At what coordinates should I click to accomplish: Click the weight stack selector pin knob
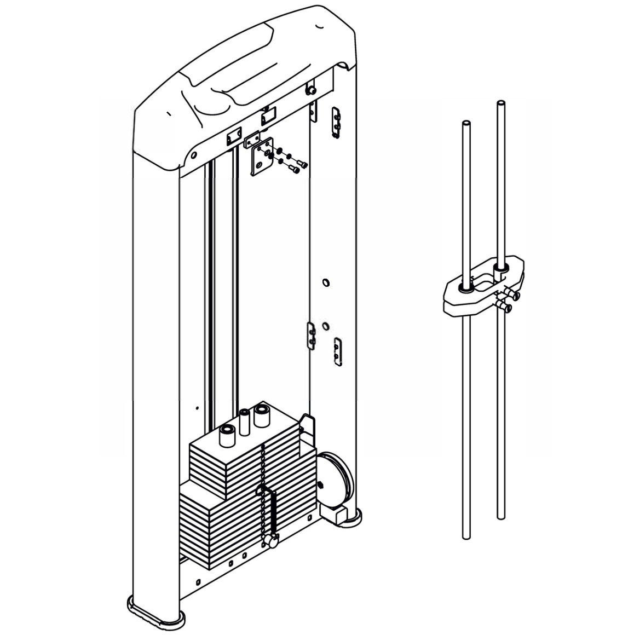pos(270,541)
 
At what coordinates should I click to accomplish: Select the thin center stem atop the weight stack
pos(244,422)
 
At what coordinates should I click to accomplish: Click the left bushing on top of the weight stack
pos(227,436)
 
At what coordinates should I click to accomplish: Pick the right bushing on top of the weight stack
pos(261,415)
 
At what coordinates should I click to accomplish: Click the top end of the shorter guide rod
pos(465,124)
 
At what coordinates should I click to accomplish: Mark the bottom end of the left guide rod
pos(466,536)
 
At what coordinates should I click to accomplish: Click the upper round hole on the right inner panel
pos(325,283)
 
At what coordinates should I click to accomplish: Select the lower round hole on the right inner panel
pos(325,326)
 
